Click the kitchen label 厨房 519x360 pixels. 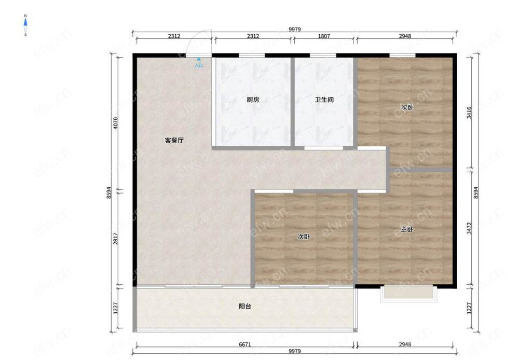pos(253,100)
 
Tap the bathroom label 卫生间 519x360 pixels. pos(324,100)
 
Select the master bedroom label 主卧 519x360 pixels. pos(407,229)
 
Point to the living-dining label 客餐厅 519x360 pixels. pos(174,140)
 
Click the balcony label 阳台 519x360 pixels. pos(245,307)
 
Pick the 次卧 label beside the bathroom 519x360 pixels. pos(407,107)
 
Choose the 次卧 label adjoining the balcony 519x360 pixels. pos(304,237)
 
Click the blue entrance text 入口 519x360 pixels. pos(199,65)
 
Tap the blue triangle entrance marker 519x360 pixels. pos(199,60)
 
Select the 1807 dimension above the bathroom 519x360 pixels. pos(324,36)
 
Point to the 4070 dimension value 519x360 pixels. pos(116,123)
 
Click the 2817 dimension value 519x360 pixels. pos(116,239)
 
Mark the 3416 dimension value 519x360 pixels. pos(469,113)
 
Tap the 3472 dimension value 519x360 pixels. pos(469,228)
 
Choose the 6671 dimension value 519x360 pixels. pos(245,344)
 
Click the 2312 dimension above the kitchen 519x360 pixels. pos(253,36)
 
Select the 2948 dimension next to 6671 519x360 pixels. pos(405,344)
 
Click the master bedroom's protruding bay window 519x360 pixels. pos(409,294)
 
